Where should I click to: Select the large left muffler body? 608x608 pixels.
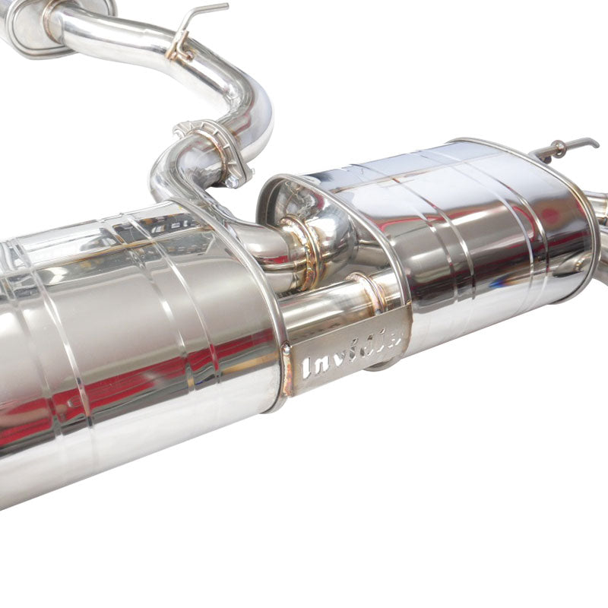(x=129, y=342)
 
